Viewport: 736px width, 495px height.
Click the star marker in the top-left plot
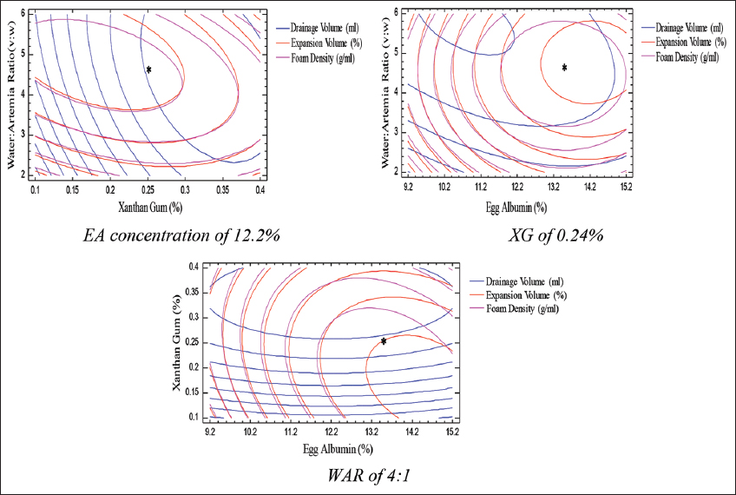pyautogui.click(x=148, y=69)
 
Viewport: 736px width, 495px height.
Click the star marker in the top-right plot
pyautogui.click(x=564, y=67)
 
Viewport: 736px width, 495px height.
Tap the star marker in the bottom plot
pyautogui.click(x=384, y=340)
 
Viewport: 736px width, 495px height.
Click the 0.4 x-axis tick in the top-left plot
pyautogui.click(x=260, y=188)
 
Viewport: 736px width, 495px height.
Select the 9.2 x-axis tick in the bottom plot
pyautogui.click(x=211, y=431)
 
